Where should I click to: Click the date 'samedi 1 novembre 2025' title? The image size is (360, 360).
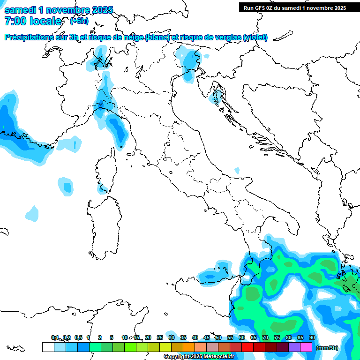click(59, 10)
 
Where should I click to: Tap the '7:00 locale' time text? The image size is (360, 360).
click(33, 21)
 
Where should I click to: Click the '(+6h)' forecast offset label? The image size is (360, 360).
click(79, 21)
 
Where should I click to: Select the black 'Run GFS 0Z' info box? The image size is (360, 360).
click(294, 7)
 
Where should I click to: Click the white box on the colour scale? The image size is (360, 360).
click(48, 347)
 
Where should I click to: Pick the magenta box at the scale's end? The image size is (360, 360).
click(306, 347)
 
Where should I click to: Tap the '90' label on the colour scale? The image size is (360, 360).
click(312, 337)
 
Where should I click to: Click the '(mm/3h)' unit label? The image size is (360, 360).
click(327, 348)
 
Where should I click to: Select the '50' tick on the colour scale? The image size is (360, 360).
click(218, 337)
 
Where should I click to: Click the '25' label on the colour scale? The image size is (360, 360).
click(160, 337)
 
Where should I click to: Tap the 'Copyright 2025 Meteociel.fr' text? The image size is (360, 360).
click(199, 357)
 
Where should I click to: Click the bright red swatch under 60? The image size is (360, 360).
click(247, 347)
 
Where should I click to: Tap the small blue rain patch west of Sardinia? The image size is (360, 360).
click(66, 186)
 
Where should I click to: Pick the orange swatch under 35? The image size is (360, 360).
click(189, 347)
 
